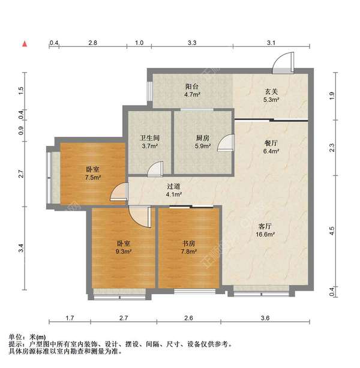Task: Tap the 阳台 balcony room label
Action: (x=192, y=86)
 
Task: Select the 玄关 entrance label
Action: (x=272, y=91)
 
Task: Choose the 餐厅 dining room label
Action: (x=272, y=143)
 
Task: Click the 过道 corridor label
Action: (x=174, y=186)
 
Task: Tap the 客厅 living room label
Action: (x=266, y=226)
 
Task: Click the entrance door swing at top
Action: (x=282, y=60)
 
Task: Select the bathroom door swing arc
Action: (x=157, y=169)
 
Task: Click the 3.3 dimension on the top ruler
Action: (x=192, y=43)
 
